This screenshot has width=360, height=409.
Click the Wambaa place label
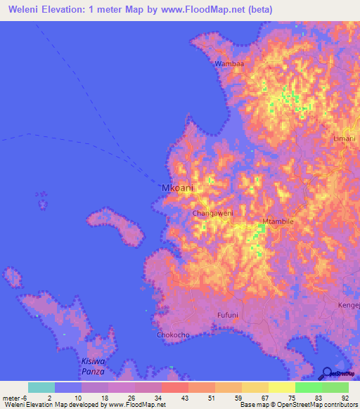coord(229,64)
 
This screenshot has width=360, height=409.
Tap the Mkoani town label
coord(177,188)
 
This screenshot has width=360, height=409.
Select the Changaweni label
coord(212,212)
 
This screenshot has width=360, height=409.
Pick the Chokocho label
coord(173,335)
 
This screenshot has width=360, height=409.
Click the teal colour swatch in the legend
coord(41,387)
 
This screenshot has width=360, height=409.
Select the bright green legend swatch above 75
coord(309,387)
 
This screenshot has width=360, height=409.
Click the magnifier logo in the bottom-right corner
coord(328,372)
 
